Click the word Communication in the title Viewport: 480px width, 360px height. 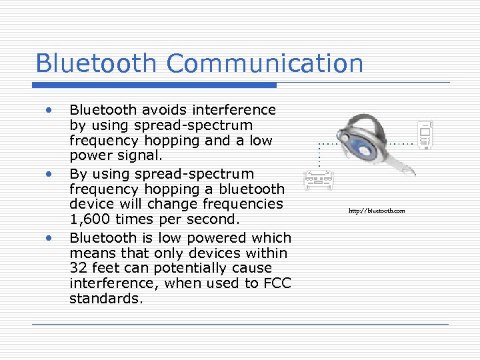pos(265,64)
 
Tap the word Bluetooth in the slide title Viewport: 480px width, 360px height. pos(97,64)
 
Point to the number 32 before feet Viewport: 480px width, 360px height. pos(78,268)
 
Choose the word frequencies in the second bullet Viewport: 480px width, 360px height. pos(245,204)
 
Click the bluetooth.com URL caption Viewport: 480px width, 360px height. pos(376,211)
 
